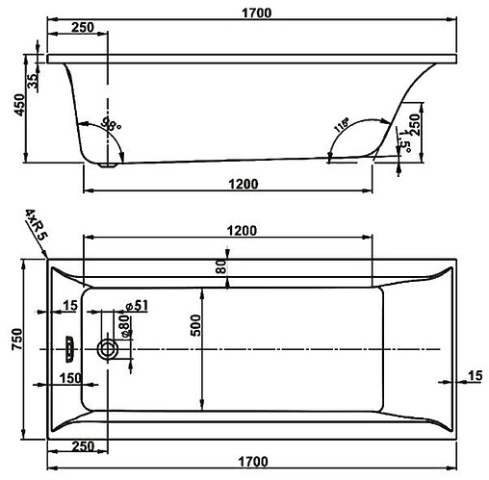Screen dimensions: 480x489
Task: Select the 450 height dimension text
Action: [15, 103]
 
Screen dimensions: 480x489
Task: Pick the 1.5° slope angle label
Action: [408, 145]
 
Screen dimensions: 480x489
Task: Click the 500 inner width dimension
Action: [195, 328]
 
